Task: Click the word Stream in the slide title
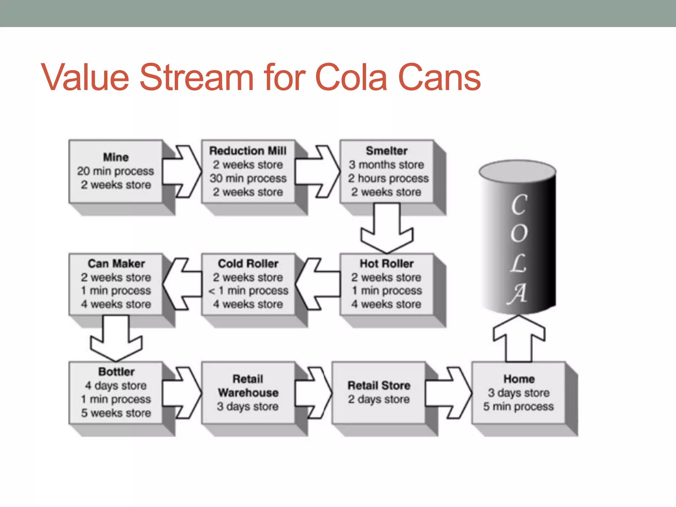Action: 197,78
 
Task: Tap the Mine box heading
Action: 116,157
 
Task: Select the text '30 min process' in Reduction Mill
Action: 248,178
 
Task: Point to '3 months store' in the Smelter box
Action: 387,164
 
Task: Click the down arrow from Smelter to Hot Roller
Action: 387,231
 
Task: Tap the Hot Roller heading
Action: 387,263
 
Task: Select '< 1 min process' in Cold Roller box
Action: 248,290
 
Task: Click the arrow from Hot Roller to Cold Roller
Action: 317,284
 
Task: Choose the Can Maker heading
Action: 116,263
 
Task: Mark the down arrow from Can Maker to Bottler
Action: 116,340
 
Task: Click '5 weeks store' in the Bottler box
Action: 116,413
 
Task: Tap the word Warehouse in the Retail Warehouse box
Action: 248,392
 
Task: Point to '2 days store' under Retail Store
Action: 379,399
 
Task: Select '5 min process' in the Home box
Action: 519,406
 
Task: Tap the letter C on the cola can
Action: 519,205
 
